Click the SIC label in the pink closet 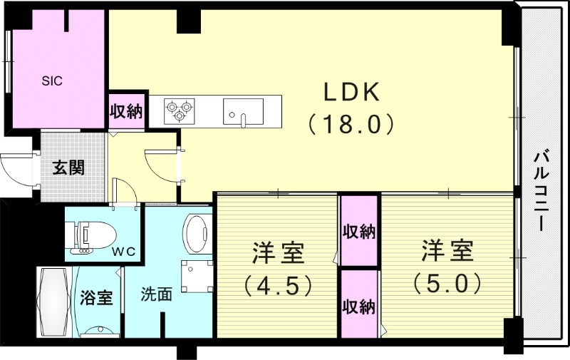click(51, 81)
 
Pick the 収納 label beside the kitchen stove click(126, 111)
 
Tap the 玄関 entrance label click(70, 168)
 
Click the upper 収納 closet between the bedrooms click(358, 232)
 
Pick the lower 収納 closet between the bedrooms click(358, 307)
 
